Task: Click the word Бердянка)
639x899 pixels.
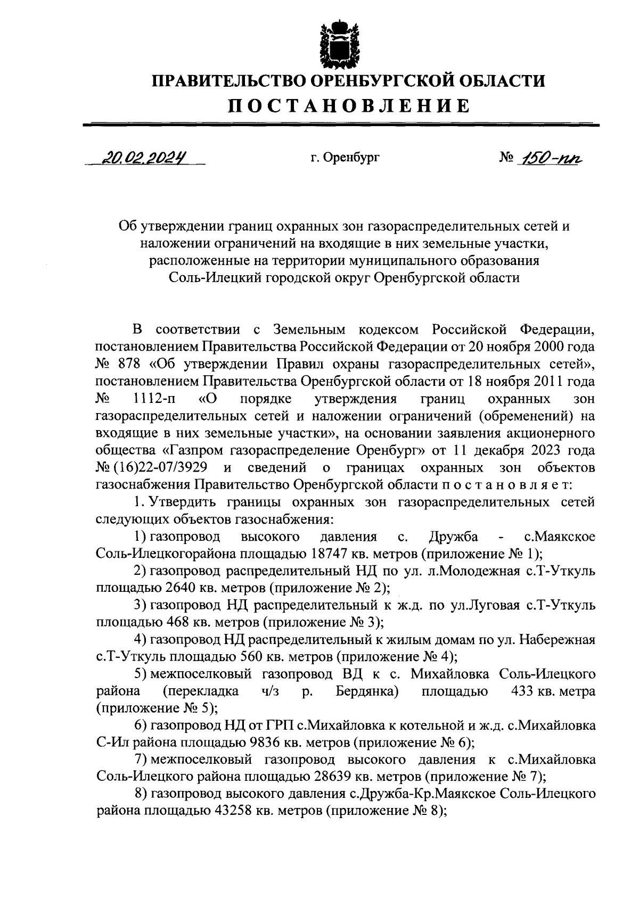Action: [x=368, y=691]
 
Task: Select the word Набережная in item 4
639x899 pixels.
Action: [x=561, y=640]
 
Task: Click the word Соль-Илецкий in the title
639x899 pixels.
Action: [x=212, y=278]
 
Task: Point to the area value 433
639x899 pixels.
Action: [x=523, y=691]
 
